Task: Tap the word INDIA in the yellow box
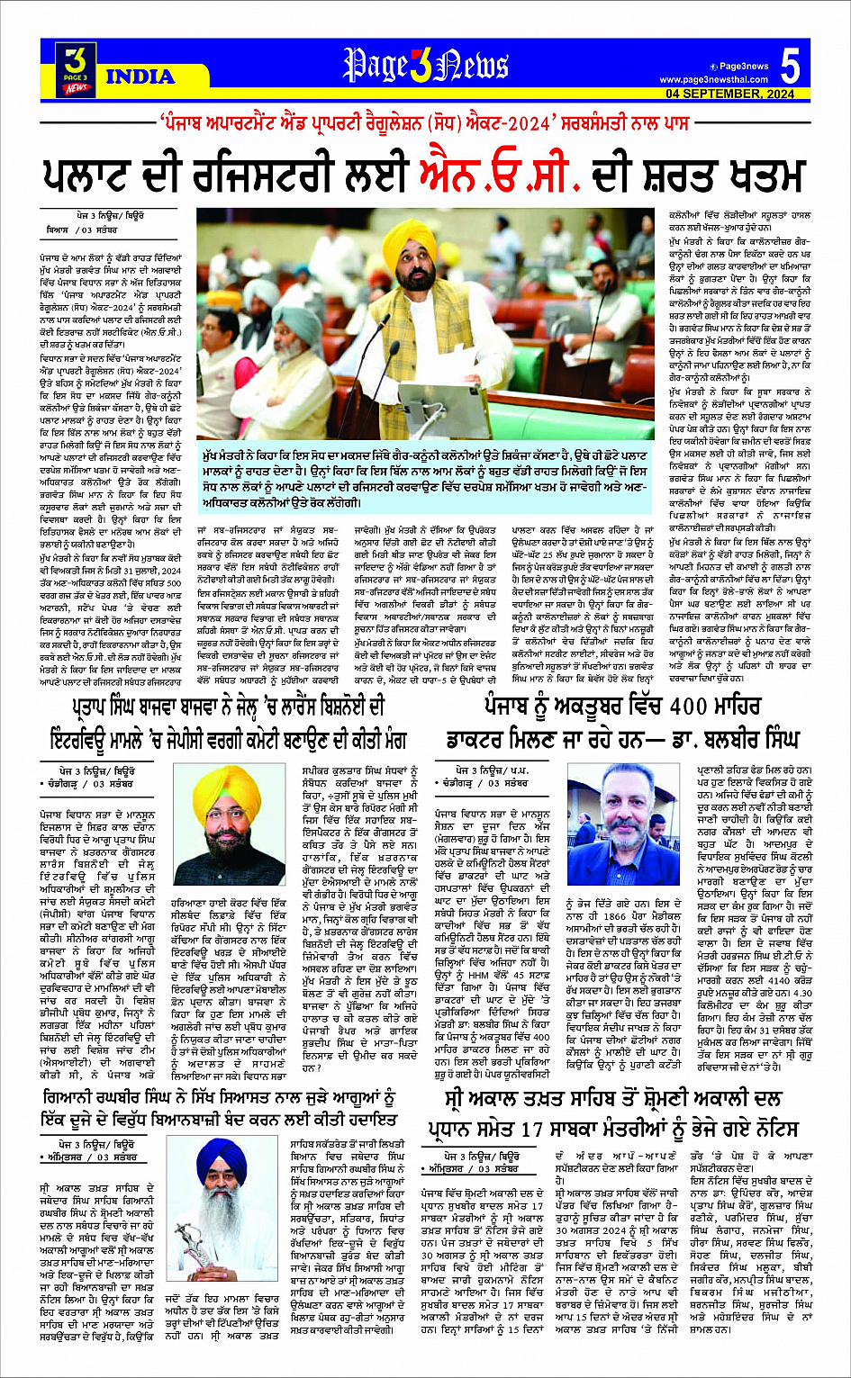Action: click(140, 77)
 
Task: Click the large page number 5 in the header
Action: click(790, 67)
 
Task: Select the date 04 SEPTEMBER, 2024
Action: click(729, 95)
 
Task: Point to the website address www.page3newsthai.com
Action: click(714, 80)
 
